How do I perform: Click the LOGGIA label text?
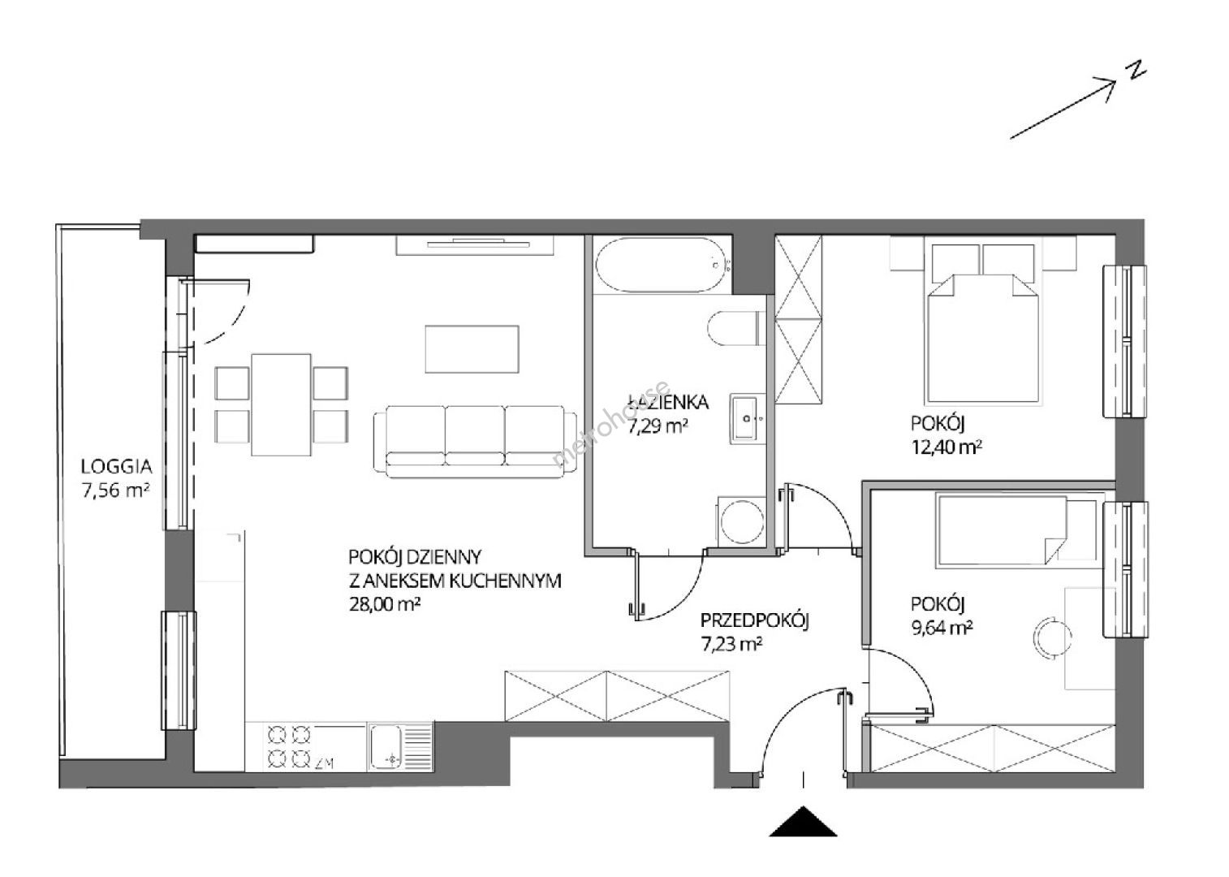tap(116, 466)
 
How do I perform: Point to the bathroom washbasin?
tap(748, 419)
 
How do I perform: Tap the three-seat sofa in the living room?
tap(475, 442)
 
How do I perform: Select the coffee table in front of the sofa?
tap(472, 349)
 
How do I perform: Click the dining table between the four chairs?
tap(282, 404)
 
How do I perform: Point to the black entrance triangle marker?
tap(804, 821)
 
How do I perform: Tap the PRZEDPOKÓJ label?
tap(755, 620)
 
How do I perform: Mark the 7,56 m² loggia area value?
tap(115, 490)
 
